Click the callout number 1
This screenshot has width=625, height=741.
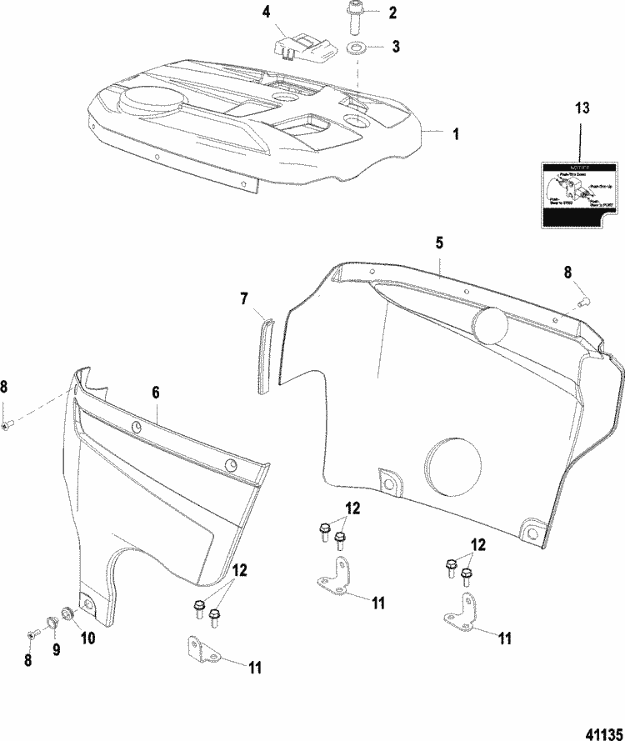[454, 133]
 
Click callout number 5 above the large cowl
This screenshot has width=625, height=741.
[439, 243]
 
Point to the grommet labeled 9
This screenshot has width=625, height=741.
[52, 620]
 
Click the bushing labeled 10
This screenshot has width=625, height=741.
[68, 616]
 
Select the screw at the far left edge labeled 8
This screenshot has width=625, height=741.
[7, 426]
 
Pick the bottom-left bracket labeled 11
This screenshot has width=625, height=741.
[199, 650]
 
